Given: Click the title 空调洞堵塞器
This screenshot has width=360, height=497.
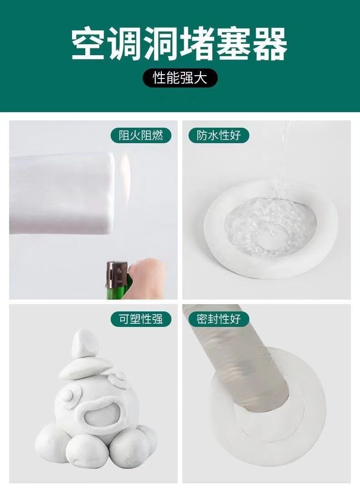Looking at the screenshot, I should click(180, 45).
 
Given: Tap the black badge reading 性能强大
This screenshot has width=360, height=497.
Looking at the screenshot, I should click(180, 78).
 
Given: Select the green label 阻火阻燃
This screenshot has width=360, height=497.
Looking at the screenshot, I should click(141, 135).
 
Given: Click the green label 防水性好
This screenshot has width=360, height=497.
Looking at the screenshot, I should click(219, 135).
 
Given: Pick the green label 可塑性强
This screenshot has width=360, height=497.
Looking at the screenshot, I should click(141, 319).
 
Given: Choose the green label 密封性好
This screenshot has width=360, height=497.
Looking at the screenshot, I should click(219, 319).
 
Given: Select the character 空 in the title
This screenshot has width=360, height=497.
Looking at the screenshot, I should click(89, 45).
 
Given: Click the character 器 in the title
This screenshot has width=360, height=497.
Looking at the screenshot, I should click(270, 45).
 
